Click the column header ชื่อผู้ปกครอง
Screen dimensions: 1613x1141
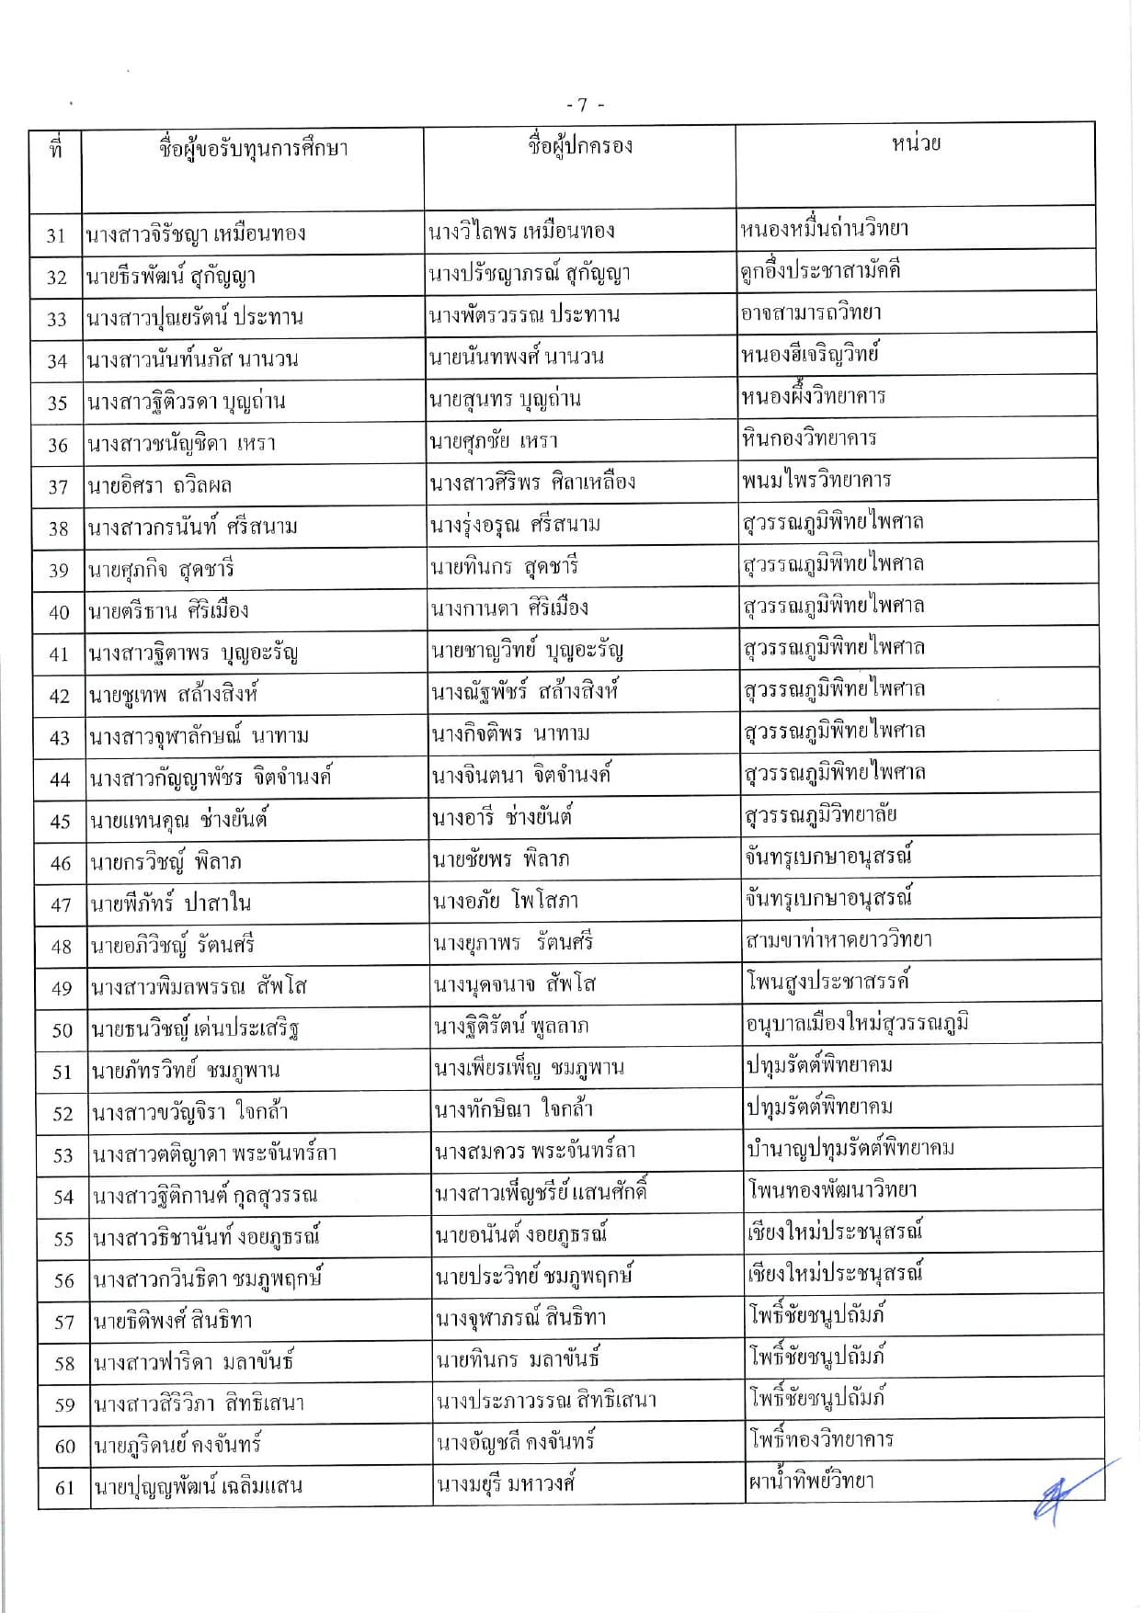(580, 146)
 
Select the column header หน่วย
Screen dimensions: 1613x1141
(916, 144)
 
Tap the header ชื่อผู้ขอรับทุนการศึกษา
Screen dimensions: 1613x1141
(253, 149)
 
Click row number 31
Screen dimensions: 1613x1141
(56, 236)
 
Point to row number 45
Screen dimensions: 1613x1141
(60, 822)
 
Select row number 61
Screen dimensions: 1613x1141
(63, 1488)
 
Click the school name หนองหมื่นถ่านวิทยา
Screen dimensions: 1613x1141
(825, 229)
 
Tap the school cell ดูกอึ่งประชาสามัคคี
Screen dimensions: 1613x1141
(820, 271)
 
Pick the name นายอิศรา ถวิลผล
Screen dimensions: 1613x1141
(160, 485)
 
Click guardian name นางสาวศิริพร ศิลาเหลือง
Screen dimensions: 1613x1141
(532, 483)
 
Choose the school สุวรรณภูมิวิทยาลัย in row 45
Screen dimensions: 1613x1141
(821, 815)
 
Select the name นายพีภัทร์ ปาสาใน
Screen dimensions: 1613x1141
(171, 904)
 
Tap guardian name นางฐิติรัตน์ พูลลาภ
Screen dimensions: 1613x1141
(512, 1027)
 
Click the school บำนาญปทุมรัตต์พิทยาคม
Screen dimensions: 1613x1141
(851, 1149)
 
